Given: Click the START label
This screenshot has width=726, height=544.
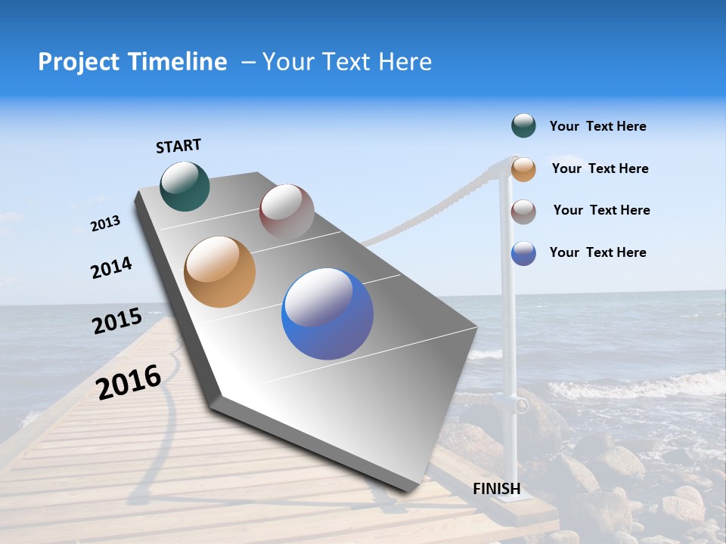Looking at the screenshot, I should point(178,146).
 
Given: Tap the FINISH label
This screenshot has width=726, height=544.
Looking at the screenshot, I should point(497,489).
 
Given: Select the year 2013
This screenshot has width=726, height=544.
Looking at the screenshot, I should point(105,224).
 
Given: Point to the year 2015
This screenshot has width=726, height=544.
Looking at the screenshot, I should point(117,321).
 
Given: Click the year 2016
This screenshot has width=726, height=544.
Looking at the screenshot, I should point(129,382).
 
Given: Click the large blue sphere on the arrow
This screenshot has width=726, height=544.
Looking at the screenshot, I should point(327,314).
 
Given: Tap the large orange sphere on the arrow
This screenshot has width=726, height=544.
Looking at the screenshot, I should point(219,272).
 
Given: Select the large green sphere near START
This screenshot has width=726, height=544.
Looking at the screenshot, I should point(185,186).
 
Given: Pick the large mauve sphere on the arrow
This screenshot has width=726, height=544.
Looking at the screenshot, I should point(287,211).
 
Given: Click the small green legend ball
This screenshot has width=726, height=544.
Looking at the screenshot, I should point(523,126).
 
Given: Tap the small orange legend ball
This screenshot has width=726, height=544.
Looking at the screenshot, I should point(523,168).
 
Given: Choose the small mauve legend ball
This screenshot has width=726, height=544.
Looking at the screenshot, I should point(523,211).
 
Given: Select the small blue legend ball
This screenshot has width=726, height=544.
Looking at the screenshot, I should point(523,253).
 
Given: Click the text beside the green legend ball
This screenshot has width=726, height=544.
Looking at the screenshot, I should point(597,126).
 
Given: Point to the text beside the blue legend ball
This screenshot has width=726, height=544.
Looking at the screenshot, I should point(597,252).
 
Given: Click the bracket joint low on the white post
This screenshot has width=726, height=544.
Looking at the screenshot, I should point(520,406).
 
